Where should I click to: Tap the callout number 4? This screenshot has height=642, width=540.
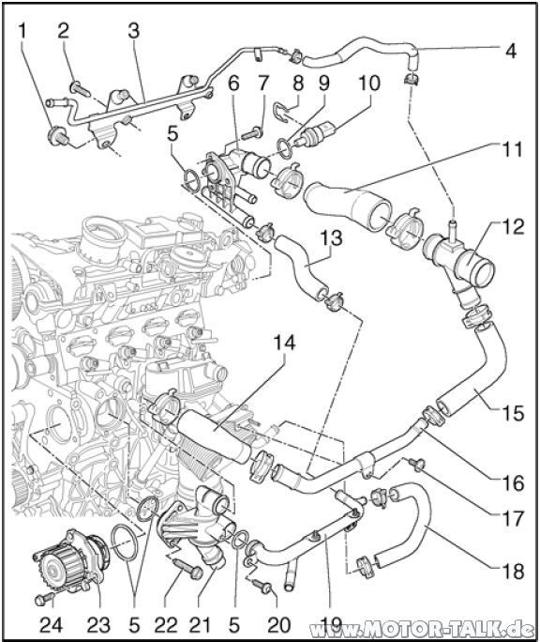[x=510, y=53]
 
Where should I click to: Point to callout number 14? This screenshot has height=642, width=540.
[x=284, y=344]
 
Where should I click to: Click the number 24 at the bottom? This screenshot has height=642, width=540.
[x=52, y=625]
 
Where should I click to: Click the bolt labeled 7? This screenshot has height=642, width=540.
[x=253, y=132]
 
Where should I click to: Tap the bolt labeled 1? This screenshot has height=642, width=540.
[x=58, y=136]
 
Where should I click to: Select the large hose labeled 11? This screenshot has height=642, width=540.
[x=347, y=206]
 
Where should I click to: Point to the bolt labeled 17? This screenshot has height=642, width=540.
[x=417, y=464]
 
